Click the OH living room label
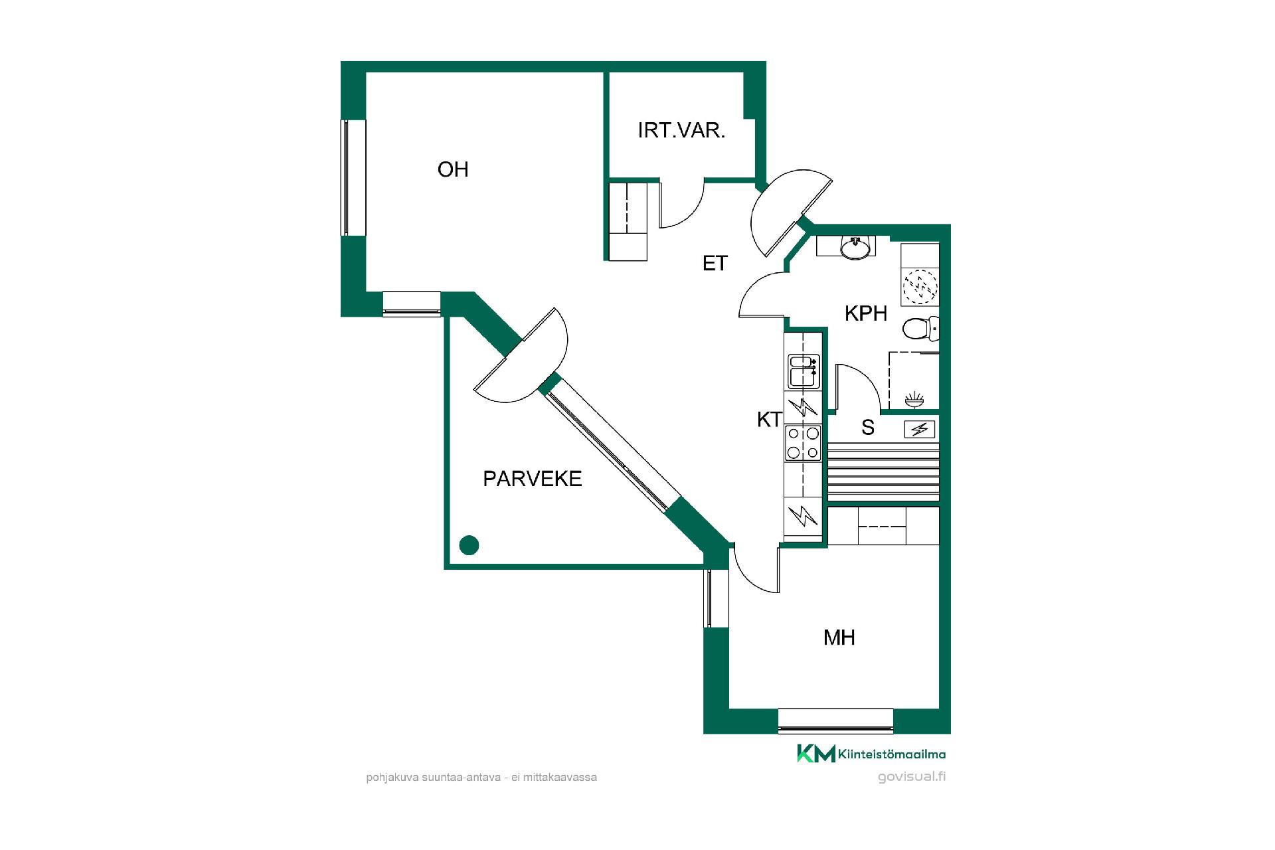tap(453, 170)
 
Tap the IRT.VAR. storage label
tap(681, 130)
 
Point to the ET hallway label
tap(715, 264)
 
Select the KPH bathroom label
tap(866, 313)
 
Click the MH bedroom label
tap(839, 638)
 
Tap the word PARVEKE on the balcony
tap(533, 479)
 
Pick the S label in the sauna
tap(868, 428)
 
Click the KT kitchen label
tap(770, 420)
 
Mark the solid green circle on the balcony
tap(469, 545)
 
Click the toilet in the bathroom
tap(921, 327)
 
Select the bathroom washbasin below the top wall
tap(855, 247)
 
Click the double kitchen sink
tap(804, 371)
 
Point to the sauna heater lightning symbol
tap(920, 430)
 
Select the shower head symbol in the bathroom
tap(914, 399)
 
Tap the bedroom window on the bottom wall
tap(835, 721)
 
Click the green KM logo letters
tap(816, 754)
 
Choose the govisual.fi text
tap(912, 776)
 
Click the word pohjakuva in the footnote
tap(392, 777)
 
